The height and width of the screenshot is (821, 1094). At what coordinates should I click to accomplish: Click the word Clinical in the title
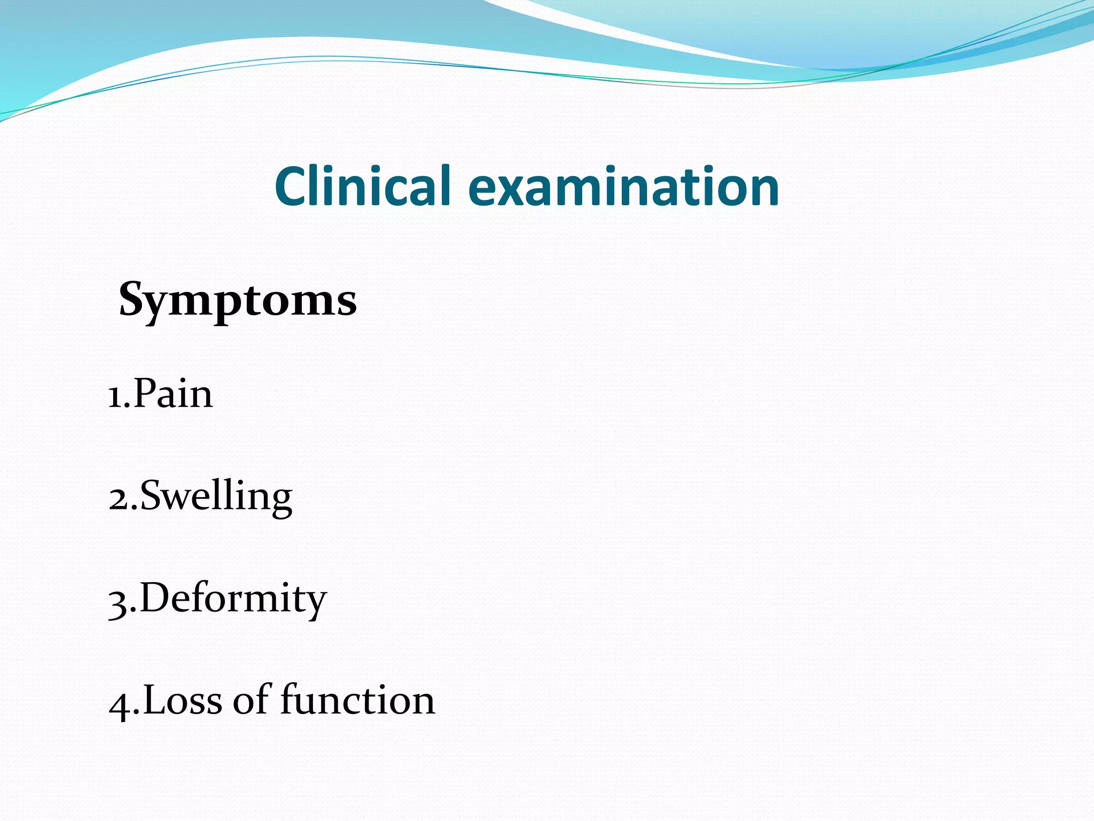pos(363,186)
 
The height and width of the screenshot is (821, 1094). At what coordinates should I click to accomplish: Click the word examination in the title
pos(623,186)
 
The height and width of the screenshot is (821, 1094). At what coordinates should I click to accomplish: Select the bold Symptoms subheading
pos(238,300)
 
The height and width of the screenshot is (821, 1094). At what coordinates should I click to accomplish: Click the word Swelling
pos(216,496)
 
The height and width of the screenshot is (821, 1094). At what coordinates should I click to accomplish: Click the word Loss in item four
pos(182,700)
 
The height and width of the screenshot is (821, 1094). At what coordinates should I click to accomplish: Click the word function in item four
pos(357,700)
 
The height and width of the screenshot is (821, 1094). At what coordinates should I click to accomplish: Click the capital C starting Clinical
pos(292,186)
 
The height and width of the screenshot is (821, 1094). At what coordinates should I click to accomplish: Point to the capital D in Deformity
pos(155,598)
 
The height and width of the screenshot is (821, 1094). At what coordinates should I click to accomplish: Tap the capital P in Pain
pos(145,393)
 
